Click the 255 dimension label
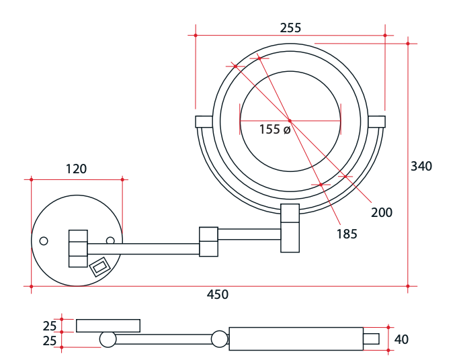click(290, 28)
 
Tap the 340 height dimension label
click(421, 166)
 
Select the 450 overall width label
click(217, 294)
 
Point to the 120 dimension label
click(76, 169)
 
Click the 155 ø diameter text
click(275, 130)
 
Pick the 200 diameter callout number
click(382, 212)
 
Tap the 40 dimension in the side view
click(401, 339)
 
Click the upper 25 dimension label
click(50, 326)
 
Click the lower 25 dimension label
click(50, 341)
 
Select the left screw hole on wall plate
click(44, 241)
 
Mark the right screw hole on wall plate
click(110, 240)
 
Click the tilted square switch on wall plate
click(99, 267)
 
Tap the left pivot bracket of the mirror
click(203, 122)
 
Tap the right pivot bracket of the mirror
click(377, 122)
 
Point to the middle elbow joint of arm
click(208, 241)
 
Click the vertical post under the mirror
click(290, 228)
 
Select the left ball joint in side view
click(108, 339)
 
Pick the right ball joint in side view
click(220, 339)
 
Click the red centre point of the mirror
click(289, 121)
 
